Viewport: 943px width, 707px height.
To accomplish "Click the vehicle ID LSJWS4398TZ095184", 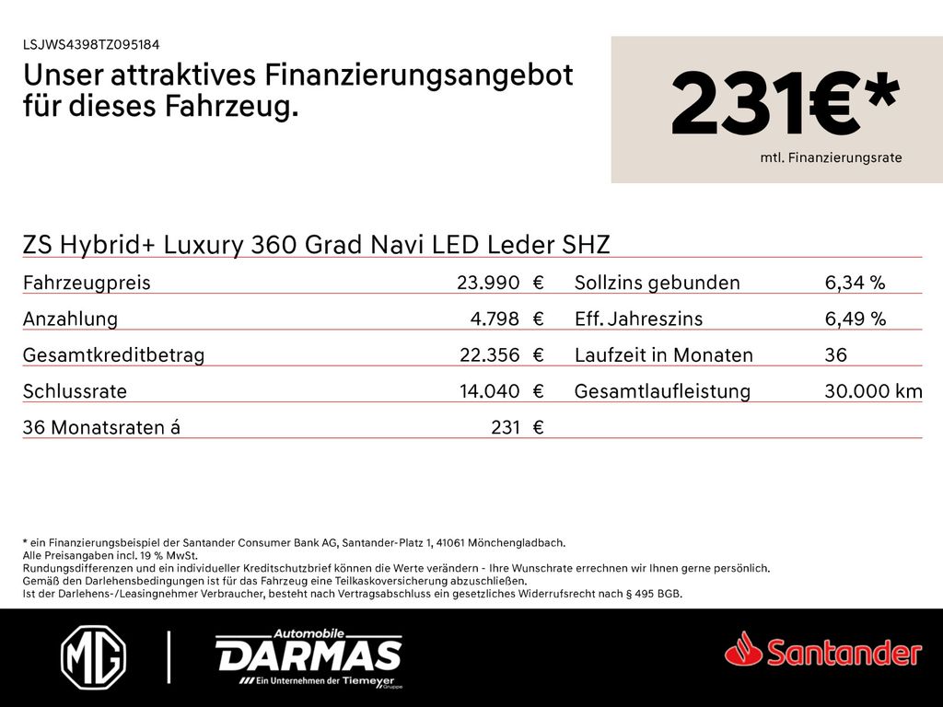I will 91,44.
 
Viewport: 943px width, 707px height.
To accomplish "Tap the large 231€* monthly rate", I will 784,106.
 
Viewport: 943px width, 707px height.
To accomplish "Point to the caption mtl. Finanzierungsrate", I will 831,158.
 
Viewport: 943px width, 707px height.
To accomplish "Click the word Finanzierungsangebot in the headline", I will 419,75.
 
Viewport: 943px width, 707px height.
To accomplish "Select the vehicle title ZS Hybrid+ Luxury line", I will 316,244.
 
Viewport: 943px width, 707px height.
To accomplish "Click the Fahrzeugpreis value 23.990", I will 488,283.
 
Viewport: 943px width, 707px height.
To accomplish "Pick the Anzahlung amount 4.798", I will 495,319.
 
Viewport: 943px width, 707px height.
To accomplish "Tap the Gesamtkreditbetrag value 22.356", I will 489,355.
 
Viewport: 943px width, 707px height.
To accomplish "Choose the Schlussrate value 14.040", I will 489,391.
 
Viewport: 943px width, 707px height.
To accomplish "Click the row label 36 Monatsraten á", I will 101,427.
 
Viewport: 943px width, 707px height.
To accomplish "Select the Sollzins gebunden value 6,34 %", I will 855,283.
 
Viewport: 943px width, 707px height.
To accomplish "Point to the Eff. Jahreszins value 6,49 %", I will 855,319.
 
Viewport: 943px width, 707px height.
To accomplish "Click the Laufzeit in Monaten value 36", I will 836,355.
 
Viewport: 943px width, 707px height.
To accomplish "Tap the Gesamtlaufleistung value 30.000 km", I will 873,391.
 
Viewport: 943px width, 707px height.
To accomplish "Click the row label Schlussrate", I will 75,391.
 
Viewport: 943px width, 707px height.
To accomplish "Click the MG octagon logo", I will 93,657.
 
